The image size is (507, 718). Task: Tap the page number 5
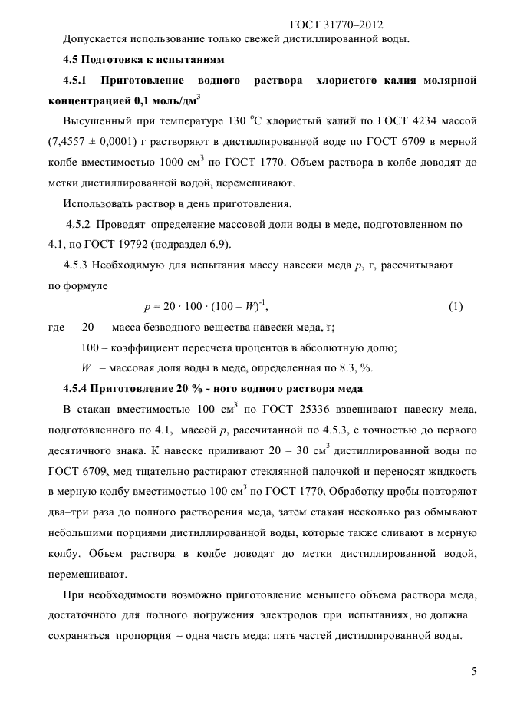(x=474, y=672)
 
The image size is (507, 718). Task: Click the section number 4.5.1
(x=77, y=80)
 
